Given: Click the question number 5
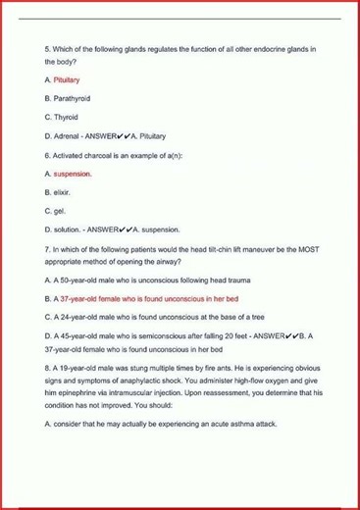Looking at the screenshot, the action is click(x=47, y=49).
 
